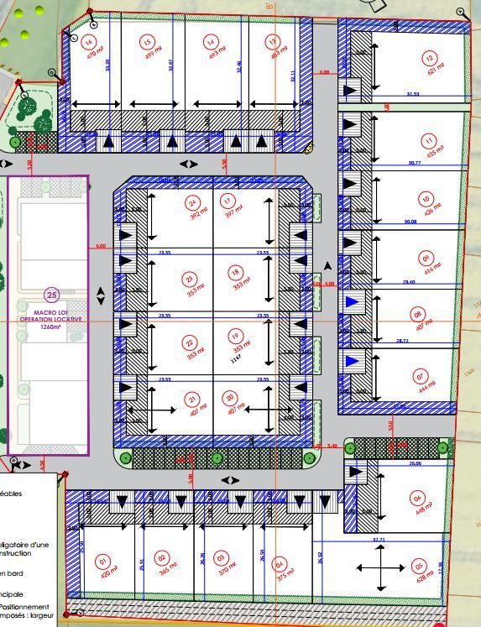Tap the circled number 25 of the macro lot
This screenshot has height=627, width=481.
pos(52,295)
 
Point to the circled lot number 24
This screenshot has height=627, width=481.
pos(194,202)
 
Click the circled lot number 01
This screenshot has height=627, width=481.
pos(103,561)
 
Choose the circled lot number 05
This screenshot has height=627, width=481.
pos(420,566)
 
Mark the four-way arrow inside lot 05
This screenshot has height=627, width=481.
pos(381,568)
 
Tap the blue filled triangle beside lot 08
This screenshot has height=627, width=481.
pos(353,301)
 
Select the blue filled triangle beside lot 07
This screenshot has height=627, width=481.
pos(353,362)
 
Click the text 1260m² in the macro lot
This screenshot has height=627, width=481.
pos(52,327)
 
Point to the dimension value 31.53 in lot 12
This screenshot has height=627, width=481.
pos(412,94)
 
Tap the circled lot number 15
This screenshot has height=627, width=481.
pos(147,43)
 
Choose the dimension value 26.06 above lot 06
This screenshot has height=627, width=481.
pos(415,463)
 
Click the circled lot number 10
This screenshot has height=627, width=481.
pos(426,200)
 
